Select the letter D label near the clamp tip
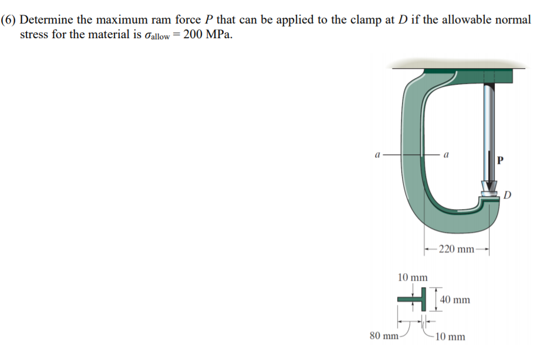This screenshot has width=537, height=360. tap(508, 195)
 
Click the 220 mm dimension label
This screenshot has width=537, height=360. tap(456, 249)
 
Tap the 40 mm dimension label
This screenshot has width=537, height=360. tap(454, 300)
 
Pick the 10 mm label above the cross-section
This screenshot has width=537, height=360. tap(413, 277)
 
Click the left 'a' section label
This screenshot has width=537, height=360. tap(379, 155)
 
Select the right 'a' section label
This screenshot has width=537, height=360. tap(448, 155)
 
